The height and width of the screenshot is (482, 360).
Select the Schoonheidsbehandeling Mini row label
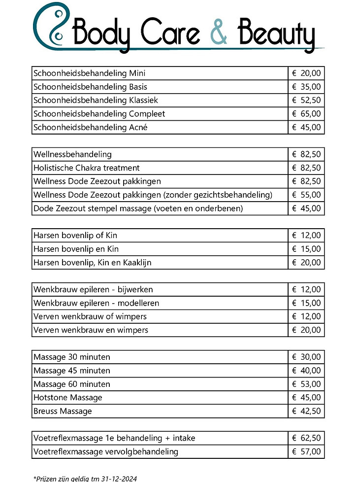pos(89,73)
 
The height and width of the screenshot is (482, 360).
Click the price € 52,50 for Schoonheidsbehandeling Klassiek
pos(306,101)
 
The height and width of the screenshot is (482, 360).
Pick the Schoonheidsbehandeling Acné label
pos(90,128)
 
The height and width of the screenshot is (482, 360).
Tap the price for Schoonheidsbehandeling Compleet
pos(306,114)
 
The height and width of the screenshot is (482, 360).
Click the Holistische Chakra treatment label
pos(87,168)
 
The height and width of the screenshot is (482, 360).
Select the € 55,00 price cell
pos(306,195)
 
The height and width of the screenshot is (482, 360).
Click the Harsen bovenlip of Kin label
pos(75,236)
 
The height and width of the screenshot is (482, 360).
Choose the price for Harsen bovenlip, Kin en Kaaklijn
pos(306,263)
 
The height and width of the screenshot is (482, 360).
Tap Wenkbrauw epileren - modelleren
pos(96,303)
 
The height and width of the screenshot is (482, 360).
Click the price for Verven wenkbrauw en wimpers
pos(306,330)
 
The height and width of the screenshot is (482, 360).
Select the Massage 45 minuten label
pos(72,371)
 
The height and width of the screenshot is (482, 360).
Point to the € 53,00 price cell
pos(306,384)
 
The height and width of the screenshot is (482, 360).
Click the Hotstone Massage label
pos(68,398)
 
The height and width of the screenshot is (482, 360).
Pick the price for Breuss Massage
pos(306,411)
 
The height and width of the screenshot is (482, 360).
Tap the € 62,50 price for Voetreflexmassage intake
pos(306,438)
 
